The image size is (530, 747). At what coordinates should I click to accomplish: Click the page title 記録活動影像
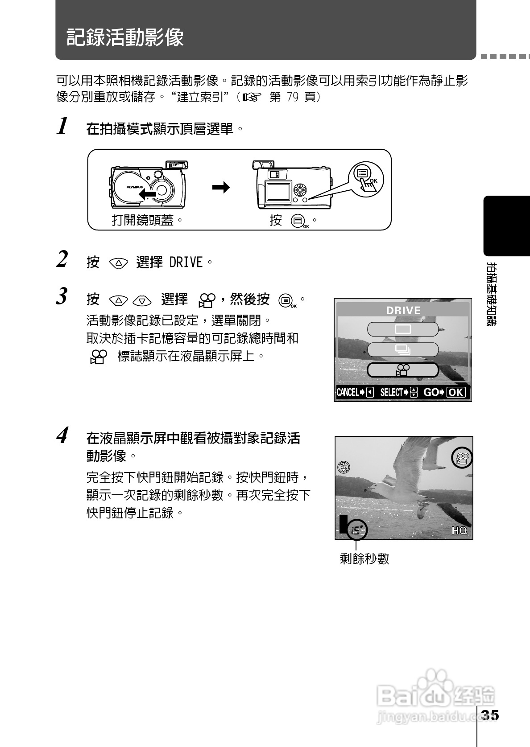tap(125, 37)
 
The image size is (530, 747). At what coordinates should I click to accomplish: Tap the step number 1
tap(63, 126)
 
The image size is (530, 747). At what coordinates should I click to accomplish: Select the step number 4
tap(63, 435)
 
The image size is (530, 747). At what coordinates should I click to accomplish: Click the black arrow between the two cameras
tap(221, 187)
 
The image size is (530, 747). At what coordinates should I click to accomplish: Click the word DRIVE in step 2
tap(186, 263)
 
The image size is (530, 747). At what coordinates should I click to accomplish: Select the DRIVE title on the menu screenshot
tap(403, 311)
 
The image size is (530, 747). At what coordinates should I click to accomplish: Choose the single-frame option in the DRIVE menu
tap(402, 329)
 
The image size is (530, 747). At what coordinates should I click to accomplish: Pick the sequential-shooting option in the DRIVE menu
tap(402, 350)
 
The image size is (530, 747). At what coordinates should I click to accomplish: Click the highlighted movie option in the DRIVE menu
tap(402, 370)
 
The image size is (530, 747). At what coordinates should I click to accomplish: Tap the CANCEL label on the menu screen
tap(348, 393)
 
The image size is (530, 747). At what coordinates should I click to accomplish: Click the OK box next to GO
tap(455, 393)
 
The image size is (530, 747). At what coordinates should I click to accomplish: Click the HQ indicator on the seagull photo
tap(459, 530)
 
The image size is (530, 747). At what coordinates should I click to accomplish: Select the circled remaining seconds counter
tap(356, 530)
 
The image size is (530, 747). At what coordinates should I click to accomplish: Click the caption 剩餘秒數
tap(364, 559)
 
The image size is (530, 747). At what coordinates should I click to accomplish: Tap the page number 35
tap(489, 715)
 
